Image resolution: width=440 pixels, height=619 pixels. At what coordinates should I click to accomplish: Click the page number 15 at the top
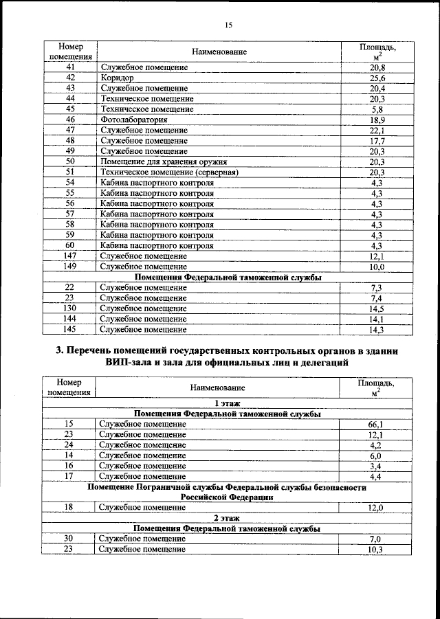pos(228,25)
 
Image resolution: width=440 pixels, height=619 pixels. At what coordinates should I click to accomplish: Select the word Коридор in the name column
pos(117,78)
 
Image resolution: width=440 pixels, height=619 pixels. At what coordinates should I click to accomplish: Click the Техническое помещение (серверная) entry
pos(169,172)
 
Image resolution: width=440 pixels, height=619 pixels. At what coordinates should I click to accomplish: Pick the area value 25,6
pos(376,78)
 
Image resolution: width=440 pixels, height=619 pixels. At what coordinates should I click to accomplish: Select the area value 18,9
pos(376,120)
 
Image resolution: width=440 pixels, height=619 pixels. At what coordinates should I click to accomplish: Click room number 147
pos(69,256)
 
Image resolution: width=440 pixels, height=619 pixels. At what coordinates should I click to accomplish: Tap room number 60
pos(69,245)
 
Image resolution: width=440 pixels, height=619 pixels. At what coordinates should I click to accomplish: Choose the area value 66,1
pos(375,425)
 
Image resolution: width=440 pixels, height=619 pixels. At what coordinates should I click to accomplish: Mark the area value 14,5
pos(376,308)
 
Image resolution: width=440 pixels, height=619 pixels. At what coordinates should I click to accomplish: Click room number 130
pos(69,308)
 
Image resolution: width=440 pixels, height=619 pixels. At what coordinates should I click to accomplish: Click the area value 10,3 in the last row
pos(375,550)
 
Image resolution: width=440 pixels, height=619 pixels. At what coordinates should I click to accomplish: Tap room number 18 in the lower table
pos(68,507)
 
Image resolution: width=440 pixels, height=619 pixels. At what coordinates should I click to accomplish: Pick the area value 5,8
pos(376,109)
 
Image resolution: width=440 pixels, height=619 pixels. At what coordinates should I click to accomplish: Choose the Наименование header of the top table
pos(219,52)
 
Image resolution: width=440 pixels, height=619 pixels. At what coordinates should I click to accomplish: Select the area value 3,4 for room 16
pos(375,465)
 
